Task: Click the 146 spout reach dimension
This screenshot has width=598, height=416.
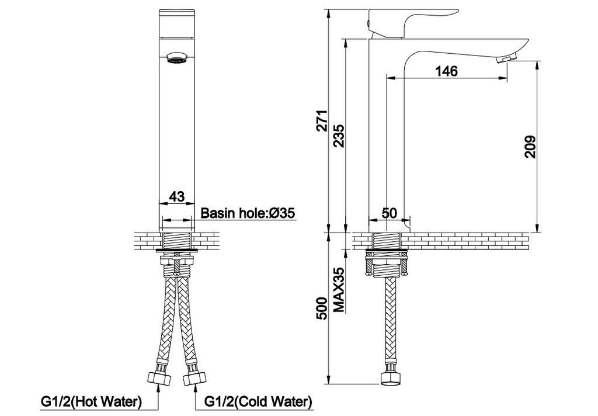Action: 446,71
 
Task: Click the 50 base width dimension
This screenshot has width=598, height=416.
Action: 389,214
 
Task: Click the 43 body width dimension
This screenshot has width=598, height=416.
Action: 176,197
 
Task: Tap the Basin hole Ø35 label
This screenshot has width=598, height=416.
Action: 247,213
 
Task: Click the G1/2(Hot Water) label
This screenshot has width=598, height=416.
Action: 91,402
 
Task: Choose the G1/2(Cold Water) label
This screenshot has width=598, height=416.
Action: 258,402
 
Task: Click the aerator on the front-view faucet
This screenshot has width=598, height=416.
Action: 176,58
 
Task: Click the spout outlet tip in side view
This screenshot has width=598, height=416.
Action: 507,59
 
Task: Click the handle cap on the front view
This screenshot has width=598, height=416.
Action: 176,23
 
